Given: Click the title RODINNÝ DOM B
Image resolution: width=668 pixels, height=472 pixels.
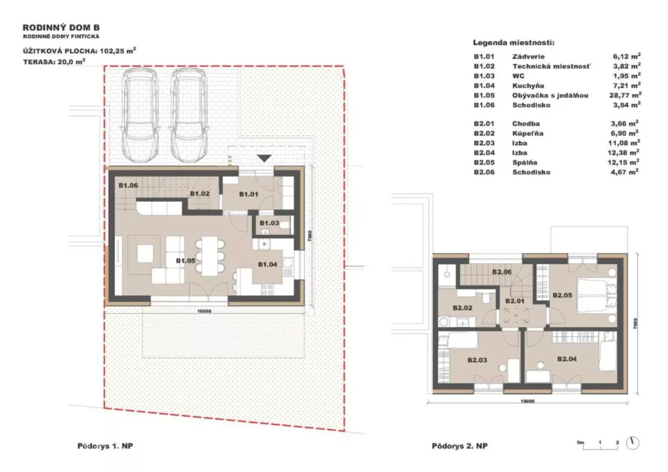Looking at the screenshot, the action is coord(61,28).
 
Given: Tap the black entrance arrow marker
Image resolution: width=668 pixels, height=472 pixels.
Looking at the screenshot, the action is coord(264,158).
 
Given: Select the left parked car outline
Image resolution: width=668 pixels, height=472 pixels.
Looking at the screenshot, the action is coord(140,116).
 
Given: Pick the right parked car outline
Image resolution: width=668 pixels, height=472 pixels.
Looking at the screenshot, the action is coord(189,116).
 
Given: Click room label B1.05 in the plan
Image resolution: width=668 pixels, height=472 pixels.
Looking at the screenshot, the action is coord(185,261).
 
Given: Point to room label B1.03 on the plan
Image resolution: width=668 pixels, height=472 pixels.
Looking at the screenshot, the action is coord(269,223).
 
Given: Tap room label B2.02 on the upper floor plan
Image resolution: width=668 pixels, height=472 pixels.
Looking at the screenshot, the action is coord(462,308).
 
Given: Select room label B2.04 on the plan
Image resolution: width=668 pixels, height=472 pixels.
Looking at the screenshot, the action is coord(566,359).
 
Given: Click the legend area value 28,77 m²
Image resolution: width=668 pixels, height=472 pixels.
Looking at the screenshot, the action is coord(625,95).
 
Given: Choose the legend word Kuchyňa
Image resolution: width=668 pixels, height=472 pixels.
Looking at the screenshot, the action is coord(528,86).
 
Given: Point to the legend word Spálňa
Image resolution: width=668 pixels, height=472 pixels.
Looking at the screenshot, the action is coord(524,162).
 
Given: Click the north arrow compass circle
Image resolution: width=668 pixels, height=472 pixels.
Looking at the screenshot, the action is coord(633,443).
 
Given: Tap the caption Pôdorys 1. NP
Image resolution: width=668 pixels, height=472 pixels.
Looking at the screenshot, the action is coord(106,446).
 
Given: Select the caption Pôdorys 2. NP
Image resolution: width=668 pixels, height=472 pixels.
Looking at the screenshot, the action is coord(460,446).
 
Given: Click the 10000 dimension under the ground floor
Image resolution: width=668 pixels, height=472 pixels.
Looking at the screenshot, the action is coord(204,312).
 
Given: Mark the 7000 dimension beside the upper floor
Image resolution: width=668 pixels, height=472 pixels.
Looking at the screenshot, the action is coord(635,322).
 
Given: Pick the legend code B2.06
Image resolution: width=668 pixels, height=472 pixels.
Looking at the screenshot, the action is coord(484,172).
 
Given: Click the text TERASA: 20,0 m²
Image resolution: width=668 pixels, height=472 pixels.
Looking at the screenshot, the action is coord(54,62).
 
